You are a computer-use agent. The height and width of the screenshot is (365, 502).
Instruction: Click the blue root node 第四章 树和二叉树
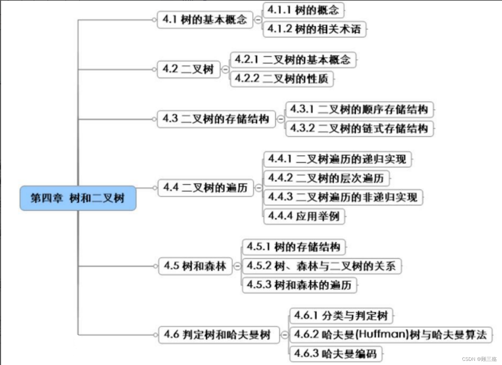coord(78,198)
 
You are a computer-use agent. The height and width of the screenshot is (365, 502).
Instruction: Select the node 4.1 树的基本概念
coord(205,20)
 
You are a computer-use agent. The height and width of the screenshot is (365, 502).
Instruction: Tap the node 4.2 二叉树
coord(188,69)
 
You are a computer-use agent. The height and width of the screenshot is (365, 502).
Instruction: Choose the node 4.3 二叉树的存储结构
coord(216,119)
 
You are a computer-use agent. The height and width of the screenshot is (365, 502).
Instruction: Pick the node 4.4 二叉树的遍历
coord(205,188)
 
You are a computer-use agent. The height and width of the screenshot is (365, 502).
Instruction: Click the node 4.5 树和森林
coord(195,266)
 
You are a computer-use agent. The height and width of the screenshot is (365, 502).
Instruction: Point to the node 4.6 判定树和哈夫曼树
coord(219,335)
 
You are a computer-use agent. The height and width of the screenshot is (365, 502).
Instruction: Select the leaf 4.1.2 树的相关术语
coord(314,29)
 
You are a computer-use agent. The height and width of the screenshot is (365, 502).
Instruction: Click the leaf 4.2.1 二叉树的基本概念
coord(293,60)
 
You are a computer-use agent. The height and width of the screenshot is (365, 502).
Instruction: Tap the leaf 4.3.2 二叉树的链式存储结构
coord(359,129)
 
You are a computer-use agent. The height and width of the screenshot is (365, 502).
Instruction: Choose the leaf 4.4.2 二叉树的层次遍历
coord(326,178)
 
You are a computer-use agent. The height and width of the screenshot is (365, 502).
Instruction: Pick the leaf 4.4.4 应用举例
coord(304,216)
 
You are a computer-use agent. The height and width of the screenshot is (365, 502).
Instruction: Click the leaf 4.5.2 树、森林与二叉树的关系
coord(321,266)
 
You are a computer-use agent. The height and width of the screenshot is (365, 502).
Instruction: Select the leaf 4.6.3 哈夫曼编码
coord(335,354)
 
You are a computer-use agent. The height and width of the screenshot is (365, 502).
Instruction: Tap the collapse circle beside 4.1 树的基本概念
coord(258,20)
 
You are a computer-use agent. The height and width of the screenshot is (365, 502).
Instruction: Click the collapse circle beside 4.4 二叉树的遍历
coord(258,188)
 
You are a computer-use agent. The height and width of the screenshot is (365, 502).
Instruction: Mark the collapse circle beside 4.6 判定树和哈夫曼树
coord(284,335)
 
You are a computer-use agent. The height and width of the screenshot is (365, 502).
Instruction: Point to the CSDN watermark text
coord(479,359)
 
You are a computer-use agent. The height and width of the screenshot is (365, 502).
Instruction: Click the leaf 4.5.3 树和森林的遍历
coord(299,285)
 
